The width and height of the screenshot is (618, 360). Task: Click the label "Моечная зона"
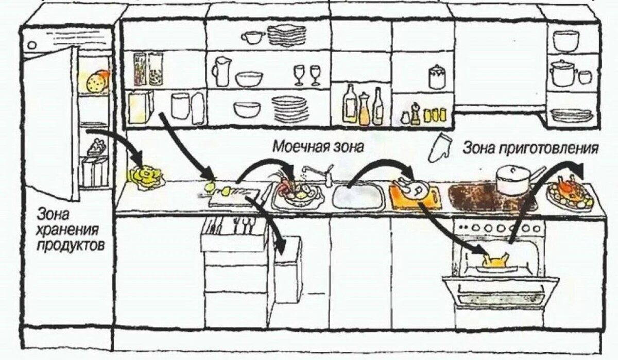pyautogui.click(x=318, y=147)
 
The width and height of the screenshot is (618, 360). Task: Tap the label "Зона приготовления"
pyautogui.click(x=530, y=148)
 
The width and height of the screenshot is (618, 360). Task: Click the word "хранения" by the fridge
pyautogui.click(x=67, y=230)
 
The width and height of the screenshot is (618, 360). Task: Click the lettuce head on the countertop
pyautogui.click(x=146, y=177)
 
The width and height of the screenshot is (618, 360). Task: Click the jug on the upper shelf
pyautogui.click(x=221, y=71)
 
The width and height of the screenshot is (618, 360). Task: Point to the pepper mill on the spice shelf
pyautogui.click(x=414, y=114)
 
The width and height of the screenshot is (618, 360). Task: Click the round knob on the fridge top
pyautogui.click(x=32, y=45)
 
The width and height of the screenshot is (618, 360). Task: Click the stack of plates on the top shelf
pyautogui.click(x=286, y=35)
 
